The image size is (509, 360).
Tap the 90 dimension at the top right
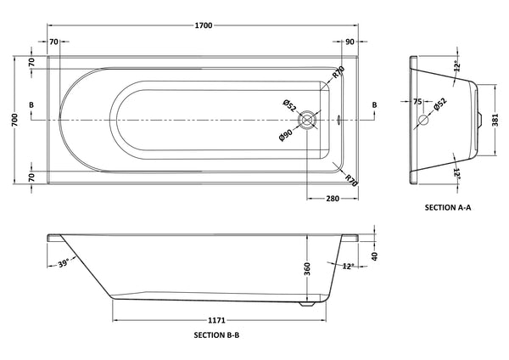pos(350,42)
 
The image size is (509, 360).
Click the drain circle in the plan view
pos(314,121)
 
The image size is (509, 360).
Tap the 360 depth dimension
pos(307,269)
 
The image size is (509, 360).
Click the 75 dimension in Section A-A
pos(417,102)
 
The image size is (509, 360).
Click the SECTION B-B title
pos(216,335)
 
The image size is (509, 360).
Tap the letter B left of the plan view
pos(31,104)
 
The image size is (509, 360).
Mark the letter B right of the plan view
pos(374,104)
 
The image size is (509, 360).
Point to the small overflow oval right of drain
pos(338,121)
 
